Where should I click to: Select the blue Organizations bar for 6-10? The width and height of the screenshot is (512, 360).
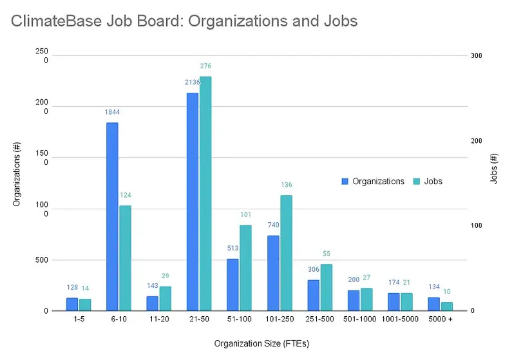(112, 216)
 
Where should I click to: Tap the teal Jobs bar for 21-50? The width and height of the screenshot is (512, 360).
(205, 194)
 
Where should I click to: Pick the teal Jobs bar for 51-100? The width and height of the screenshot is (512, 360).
(245, 268)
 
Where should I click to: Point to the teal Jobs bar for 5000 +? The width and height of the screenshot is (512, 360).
(447, 307)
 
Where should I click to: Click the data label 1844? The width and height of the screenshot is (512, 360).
(112, 112)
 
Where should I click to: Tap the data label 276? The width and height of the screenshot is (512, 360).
(205, 66)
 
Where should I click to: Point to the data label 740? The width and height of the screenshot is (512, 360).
(273, 225)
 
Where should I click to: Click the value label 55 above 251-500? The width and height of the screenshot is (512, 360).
(327, 254)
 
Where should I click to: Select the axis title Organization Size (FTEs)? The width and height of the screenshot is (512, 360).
(262, 344)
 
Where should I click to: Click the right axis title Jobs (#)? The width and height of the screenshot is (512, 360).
(494, 170)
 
